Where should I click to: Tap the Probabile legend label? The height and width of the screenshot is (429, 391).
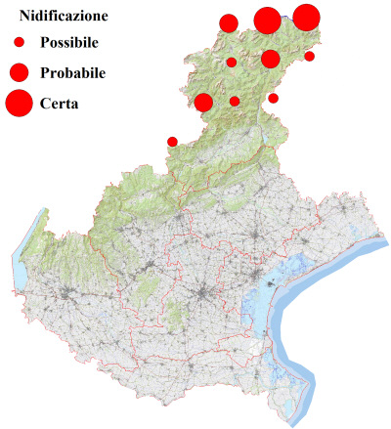[x=73, y=72]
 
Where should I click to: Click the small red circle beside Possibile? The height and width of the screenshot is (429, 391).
[x=19, y=43]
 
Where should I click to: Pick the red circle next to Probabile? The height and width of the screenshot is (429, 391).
[x=19, y=71]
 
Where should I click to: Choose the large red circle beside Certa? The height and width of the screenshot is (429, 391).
[x=19, y=102]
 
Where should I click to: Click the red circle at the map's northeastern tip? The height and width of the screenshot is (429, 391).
[x=306, y=17]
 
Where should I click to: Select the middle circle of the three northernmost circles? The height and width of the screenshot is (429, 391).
[x=267, y=20]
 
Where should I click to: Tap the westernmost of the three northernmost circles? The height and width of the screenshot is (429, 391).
[x=229, y=23]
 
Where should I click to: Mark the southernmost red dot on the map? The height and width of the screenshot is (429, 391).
[x=173, y=142]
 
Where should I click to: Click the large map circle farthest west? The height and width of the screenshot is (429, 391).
[x=203, y=102]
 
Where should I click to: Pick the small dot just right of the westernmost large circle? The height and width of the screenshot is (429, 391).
[x=235, y=101]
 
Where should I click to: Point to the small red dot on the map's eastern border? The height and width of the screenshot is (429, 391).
[x=309, y=56]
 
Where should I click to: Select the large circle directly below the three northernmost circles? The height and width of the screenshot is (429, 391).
[x=270, y=59]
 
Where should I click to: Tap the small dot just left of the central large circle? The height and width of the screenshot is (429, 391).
[x=232, y=63]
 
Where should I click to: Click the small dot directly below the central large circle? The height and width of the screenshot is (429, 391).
[x=274, y=98]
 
